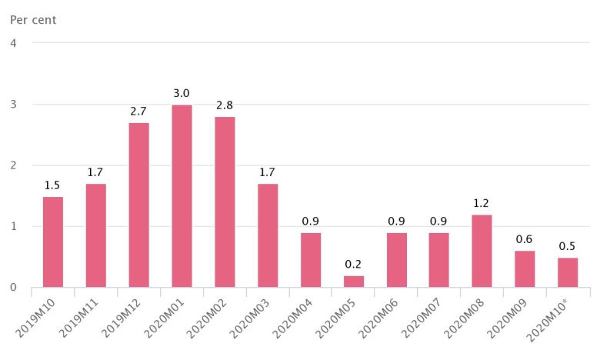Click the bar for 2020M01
click(x=182, y=196)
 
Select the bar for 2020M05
click(x=354, y=282)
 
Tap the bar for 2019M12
click(x=138, y=205)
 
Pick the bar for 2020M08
click(x=482, y=251)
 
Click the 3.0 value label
click(x=182, y=94)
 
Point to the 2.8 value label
click(x=225, y=106)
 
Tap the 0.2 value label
click(x=354, y=265)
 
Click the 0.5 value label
click(x=568, y=247)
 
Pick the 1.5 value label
click(x=53, y=186)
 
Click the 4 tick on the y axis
click(x=14, y=43)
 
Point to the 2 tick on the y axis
click(x=14, y=165)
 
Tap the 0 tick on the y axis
click(x=14, y=288)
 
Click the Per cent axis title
click(x=33, y=19)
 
